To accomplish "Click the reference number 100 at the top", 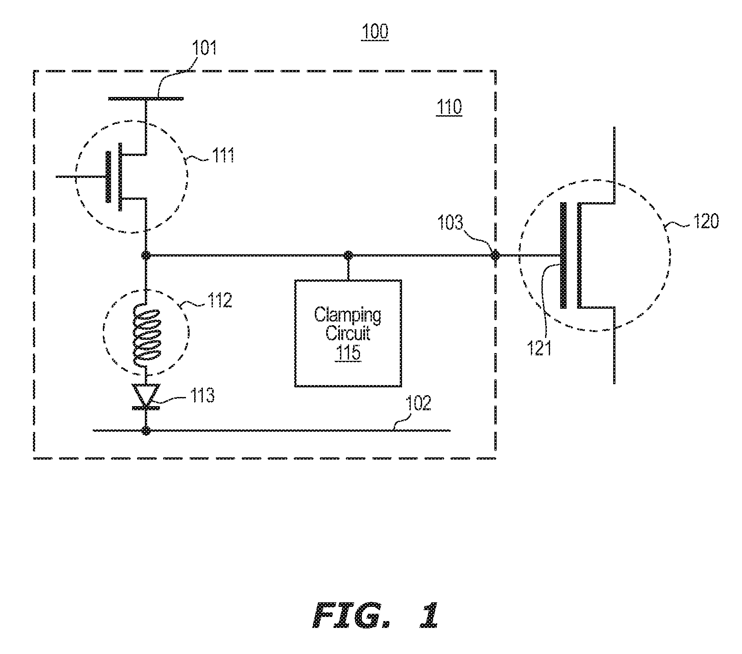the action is point(375,32).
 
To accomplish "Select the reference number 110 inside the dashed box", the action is point(449,107).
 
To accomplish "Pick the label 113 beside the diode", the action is point(201,396).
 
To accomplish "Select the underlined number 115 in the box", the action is point(348,352).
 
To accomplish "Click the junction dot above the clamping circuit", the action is point(348,255).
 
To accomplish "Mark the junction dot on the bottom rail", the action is point(146,430).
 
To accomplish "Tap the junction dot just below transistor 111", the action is point(146,255).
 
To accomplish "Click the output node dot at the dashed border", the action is point(495,255).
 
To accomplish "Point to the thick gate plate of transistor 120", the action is point(563,255).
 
